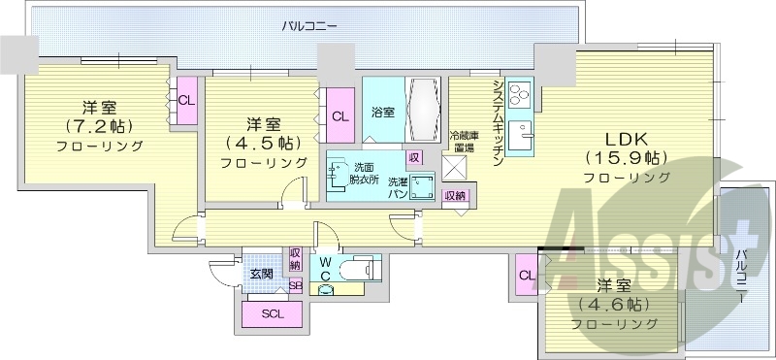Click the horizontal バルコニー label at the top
click(310, 26)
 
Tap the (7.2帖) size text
click(99, 127)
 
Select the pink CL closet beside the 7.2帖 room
click(186, 100)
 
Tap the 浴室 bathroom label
click(382, 113)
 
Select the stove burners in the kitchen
click(518, 96)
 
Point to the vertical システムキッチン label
click(497, 122)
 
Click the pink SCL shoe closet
click(273, 313)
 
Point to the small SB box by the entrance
click(295, 285)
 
